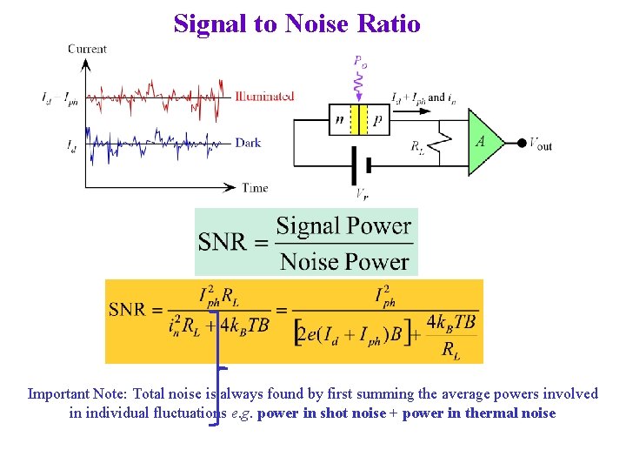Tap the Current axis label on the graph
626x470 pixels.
[87, 49]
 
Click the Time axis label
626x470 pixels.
[255, 188]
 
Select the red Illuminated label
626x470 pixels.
[264, 97]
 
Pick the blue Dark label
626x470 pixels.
[248, 143]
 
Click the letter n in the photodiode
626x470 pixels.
[339, 120]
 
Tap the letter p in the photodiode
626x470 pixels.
[376, 120]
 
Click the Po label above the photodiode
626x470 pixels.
[360, 62]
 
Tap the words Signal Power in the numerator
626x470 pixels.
[343, 226]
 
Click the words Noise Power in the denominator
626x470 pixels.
[344, 261]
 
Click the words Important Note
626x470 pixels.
[76, 393]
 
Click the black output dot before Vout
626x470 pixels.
[522, 144]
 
